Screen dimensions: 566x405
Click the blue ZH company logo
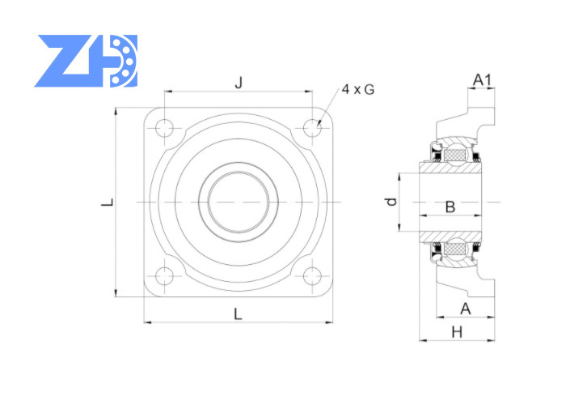pyautogui.click(x=86, y=61)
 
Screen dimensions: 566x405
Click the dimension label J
pyautogui.click(x=239, y=83)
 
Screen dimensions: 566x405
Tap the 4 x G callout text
pyautogui.click(x=357, y=89)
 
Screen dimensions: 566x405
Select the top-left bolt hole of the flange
pyautogui.click(x=165, y=128)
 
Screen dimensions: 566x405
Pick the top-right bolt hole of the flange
pyautogui.click(x=312, y=128)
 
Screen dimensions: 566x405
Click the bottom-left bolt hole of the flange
pyautogui.click(x=165, y=276)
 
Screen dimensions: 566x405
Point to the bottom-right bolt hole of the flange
pyautogui.click(x=312, y=276)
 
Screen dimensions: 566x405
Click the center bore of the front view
pyautogui.click(x=239, y=202)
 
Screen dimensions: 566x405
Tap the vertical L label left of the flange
pyautogui.click(x=108, y=202)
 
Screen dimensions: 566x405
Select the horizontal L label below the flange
pyautogui.click(x=238, y=314)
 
